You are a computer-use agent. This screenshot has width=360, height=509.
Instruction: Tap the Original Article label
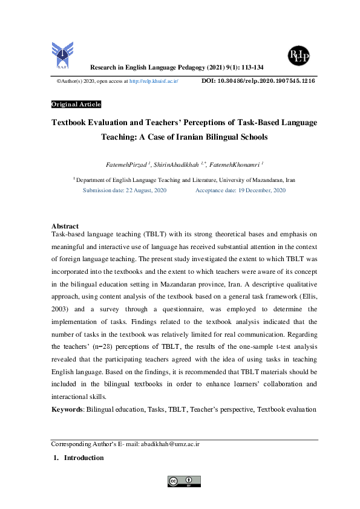pos(76,105)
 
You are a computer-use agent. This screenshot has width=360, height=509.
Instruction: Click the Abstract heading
pos(65,226)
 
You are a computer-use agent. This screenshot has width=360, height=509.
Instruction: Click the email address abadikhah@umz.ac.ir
pos(169,444)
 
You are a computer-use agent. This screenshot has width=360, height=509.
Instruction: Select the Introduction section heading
pos(83,458)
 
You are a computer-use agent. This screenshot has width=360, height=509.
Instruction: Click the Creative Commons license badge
pos(184,481)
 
